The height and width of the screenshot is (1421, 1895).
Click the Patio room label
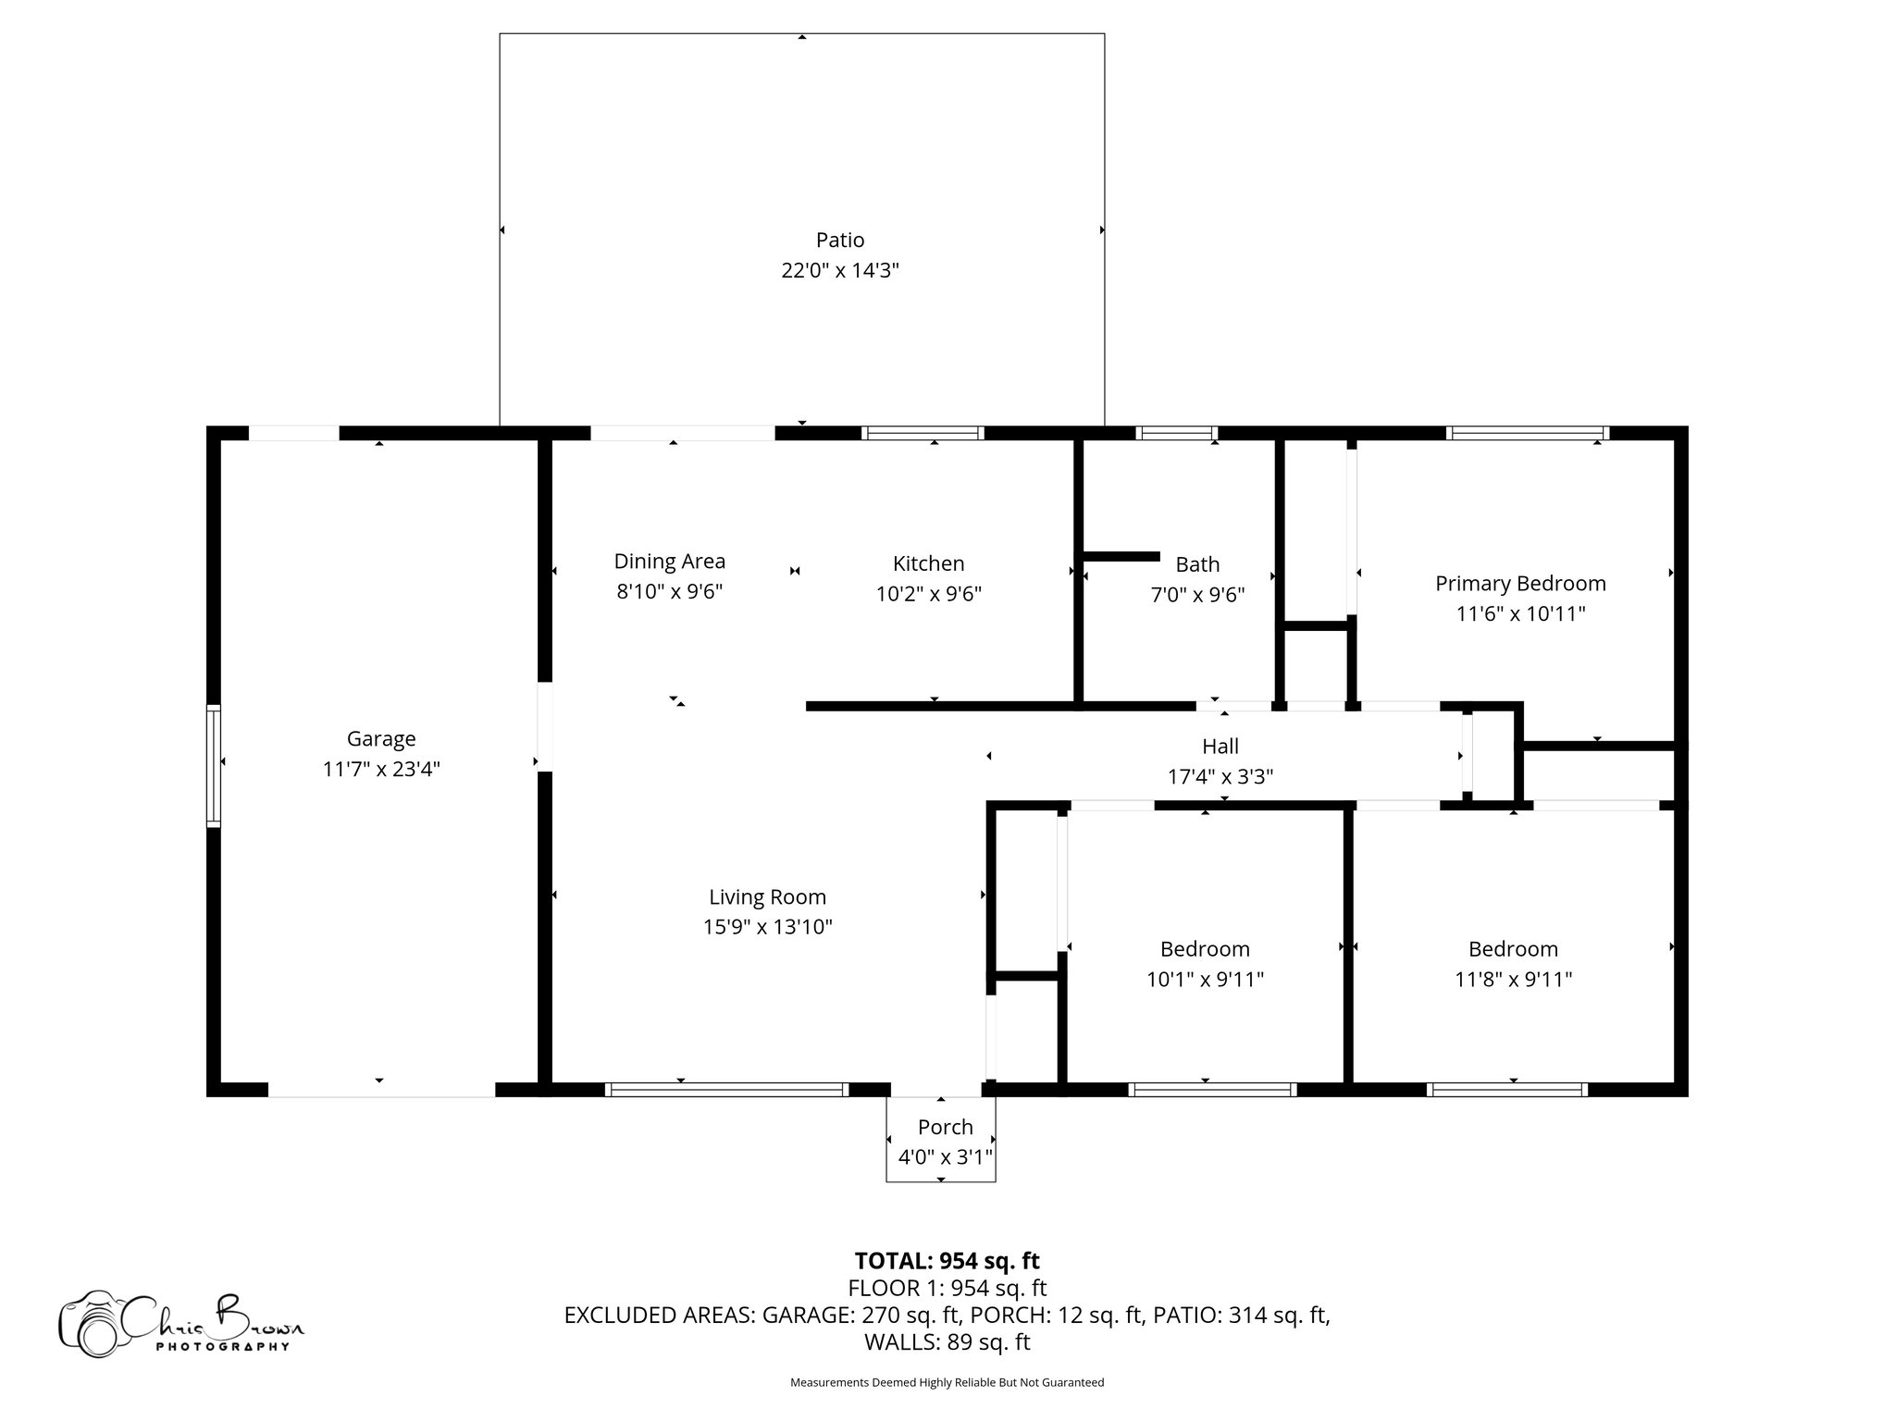840,241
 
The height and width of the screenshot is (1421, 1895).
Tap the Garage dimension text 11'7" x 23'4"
381,769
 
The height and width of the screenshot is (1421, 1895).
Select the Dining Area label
670,562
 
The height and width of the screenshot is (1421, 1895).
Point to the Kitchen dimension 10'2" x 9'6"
929,594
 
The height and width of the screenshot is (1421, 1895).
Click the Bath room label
1197,564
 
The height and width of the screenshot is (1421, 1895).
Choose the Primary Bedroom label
1520,584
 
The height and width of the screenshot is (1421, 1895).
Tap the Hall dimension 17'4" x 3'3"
1220,777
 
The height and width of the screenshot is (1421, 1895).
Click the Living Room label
768,897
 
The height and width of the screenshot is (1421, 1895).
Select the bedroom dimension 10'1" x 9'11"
1206,980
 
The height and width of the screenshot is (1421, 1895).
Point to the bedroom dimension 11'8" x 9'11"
1514,980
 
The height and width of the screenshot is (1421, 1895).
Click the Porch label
946,1128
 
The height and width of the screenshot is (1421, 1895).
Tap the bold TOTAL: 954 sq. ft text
947,1261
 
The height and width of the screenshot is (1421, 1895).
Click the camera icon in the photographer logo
90,1324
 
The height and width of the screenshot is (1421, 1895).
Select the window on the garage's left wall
214,765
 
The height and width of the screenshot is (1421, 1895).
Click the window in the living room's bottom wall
727,1090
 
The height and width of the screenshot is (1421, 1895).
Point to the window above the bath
1176,433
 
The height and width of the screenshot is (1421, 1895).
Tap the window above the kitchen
923,433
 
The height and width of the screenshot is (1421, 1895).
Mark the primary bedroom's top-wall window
1528,433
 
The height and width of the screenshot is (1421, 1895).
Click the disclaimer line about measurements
947,1383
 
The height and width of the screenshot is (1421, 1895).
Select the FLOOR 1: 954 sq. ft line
947,1288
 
